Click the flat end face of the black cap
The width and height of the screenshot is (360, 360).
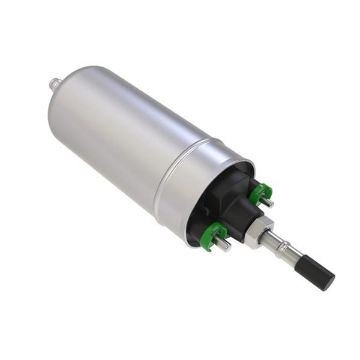pyautogui.click(x=327, y=281)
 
